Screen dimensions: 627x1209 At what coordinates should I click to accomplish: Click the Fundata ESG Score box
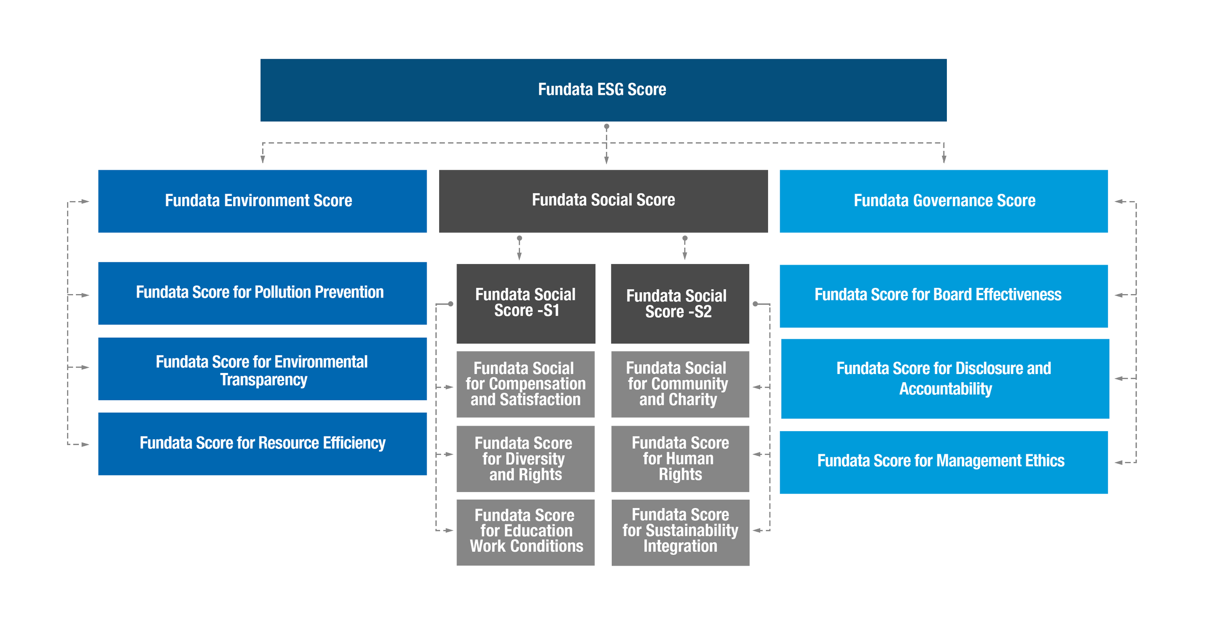(603, 90)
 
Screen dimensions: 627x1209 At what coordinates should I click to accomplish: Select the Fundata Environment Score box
(263, 201)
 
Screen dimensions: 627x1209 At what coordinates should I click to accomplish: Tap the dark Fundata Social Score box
(603, 201)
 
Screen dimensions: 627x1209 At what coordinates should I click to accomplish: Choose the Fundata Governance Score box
(944, 201)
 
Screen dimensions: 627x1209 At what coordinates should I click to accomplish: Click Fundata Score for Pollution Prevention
(263, 293)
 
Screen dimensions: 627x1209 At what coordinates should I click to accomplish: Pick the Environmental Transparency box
(263, 370)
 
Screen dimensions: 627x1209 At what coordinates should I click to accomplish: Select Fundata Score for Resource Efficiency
(263, 444)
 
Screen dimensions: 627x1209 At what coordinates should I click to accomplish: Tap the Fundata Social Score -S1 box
(526, 303)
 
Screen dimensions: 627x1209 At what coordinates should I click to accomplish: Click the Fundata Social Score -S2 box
(679, 303)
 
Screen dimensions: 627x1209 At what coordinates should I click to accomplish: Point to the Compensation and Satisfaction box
(526, 384)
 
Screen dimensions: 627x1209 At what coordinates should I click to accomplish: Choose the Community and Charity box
(679, 384)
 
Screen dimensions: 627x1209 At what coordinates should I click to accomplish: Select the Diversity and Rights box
(526, 459)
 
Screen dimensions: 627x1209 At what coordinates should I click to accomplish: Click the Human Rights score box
(679, 459)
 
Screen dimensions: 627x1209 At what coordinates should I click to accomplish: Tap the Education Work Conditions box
(526, 532)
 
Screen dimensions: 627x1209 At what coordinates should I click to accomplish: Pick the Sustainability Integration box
(679, 532)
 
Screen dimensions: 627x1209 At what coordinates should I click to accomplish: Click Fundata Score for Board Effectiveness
(944, 296)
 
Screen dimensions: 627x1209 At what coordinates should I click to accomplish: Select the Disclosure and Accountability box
(944, 378)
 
